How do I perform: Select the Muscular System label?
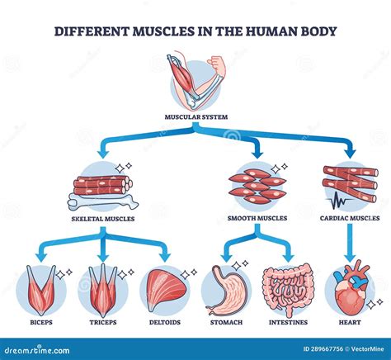point(195,116)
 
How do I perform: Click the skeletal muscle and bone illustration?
point(101,186)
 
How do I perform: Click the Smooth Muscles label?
point(257,219)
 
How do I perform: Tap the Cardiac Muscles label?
point(350,219)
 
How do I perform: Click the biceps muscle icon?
point(41,287)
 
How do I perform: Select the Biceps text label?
point(40,323)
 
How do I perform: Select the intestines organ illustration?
point(288,289)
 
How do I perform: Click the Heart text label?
point(351,323)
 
